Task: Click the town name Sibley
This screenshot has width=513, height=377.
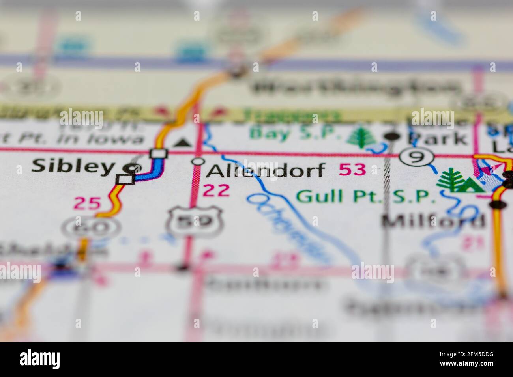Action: coord(72,166)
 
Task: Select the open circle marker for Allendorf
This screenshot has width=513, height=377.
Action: coord(198,161)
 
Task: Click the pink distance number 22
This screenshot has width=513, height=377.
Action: coord(216,190)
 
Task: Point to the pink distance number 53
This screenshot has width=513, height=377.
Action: coord(352,170)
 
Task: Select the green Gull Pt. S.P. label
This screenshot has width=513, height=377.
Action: coord(366,196)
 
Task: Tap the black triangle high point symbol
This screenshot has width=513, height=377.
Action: coord(182,142)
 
